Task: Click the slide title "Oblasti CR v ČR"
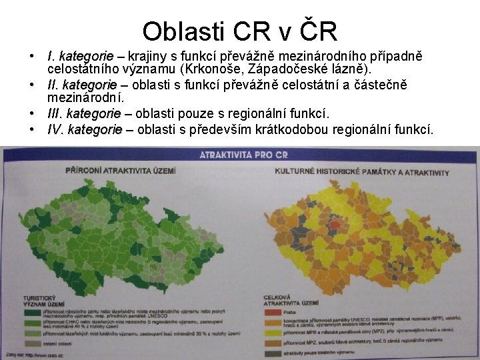239,31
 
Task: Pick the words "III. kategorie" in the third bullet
84,113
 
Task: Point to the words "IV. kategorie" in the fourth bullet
85,129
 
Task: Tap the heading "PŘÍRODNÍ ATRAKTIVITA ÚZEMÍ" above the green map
120,171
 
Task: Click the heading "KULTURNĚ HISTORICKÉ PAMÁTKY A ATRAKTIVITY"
362,172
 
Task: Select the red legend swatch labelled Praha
274,312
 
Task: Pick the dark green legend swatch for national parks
31,312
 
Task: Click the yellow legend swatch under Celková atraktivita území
274,331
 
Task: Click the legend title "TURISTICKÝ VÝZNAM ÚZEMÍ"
44,301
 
